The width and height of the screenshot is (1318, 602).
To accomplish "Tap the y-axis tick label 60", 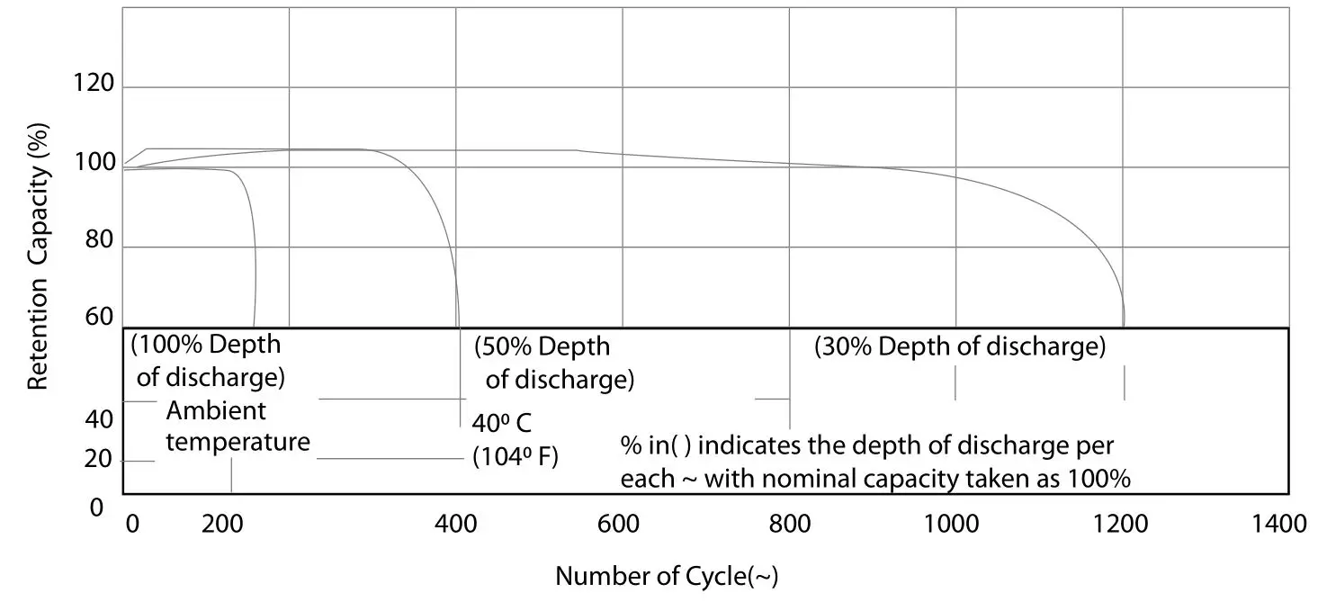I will [100, 317].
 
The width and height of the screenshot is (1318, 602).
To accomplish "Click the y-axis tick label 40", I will [100, 420].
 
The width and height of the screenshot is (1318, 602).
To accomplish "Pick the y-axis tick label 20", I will [100, 460].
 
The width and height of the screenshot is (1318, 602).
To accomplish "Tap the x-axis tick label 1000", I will [951, 524].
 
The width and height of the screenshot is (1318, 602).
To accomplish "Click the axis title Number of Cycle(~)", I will [667, 576].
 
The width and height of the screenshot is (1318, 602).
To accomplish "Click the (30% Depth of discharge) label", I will [959, 346].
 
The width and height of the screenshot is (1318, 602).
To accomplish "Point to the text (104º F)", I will [516, 457].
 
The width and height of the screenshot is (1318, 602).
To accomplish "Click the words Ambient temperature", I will [238, 427].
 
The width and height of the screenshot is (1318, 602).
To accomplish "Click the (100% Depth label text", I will [206, 345].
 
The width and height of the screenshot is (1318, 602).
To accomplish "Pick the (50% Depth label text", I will [542, 347].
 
